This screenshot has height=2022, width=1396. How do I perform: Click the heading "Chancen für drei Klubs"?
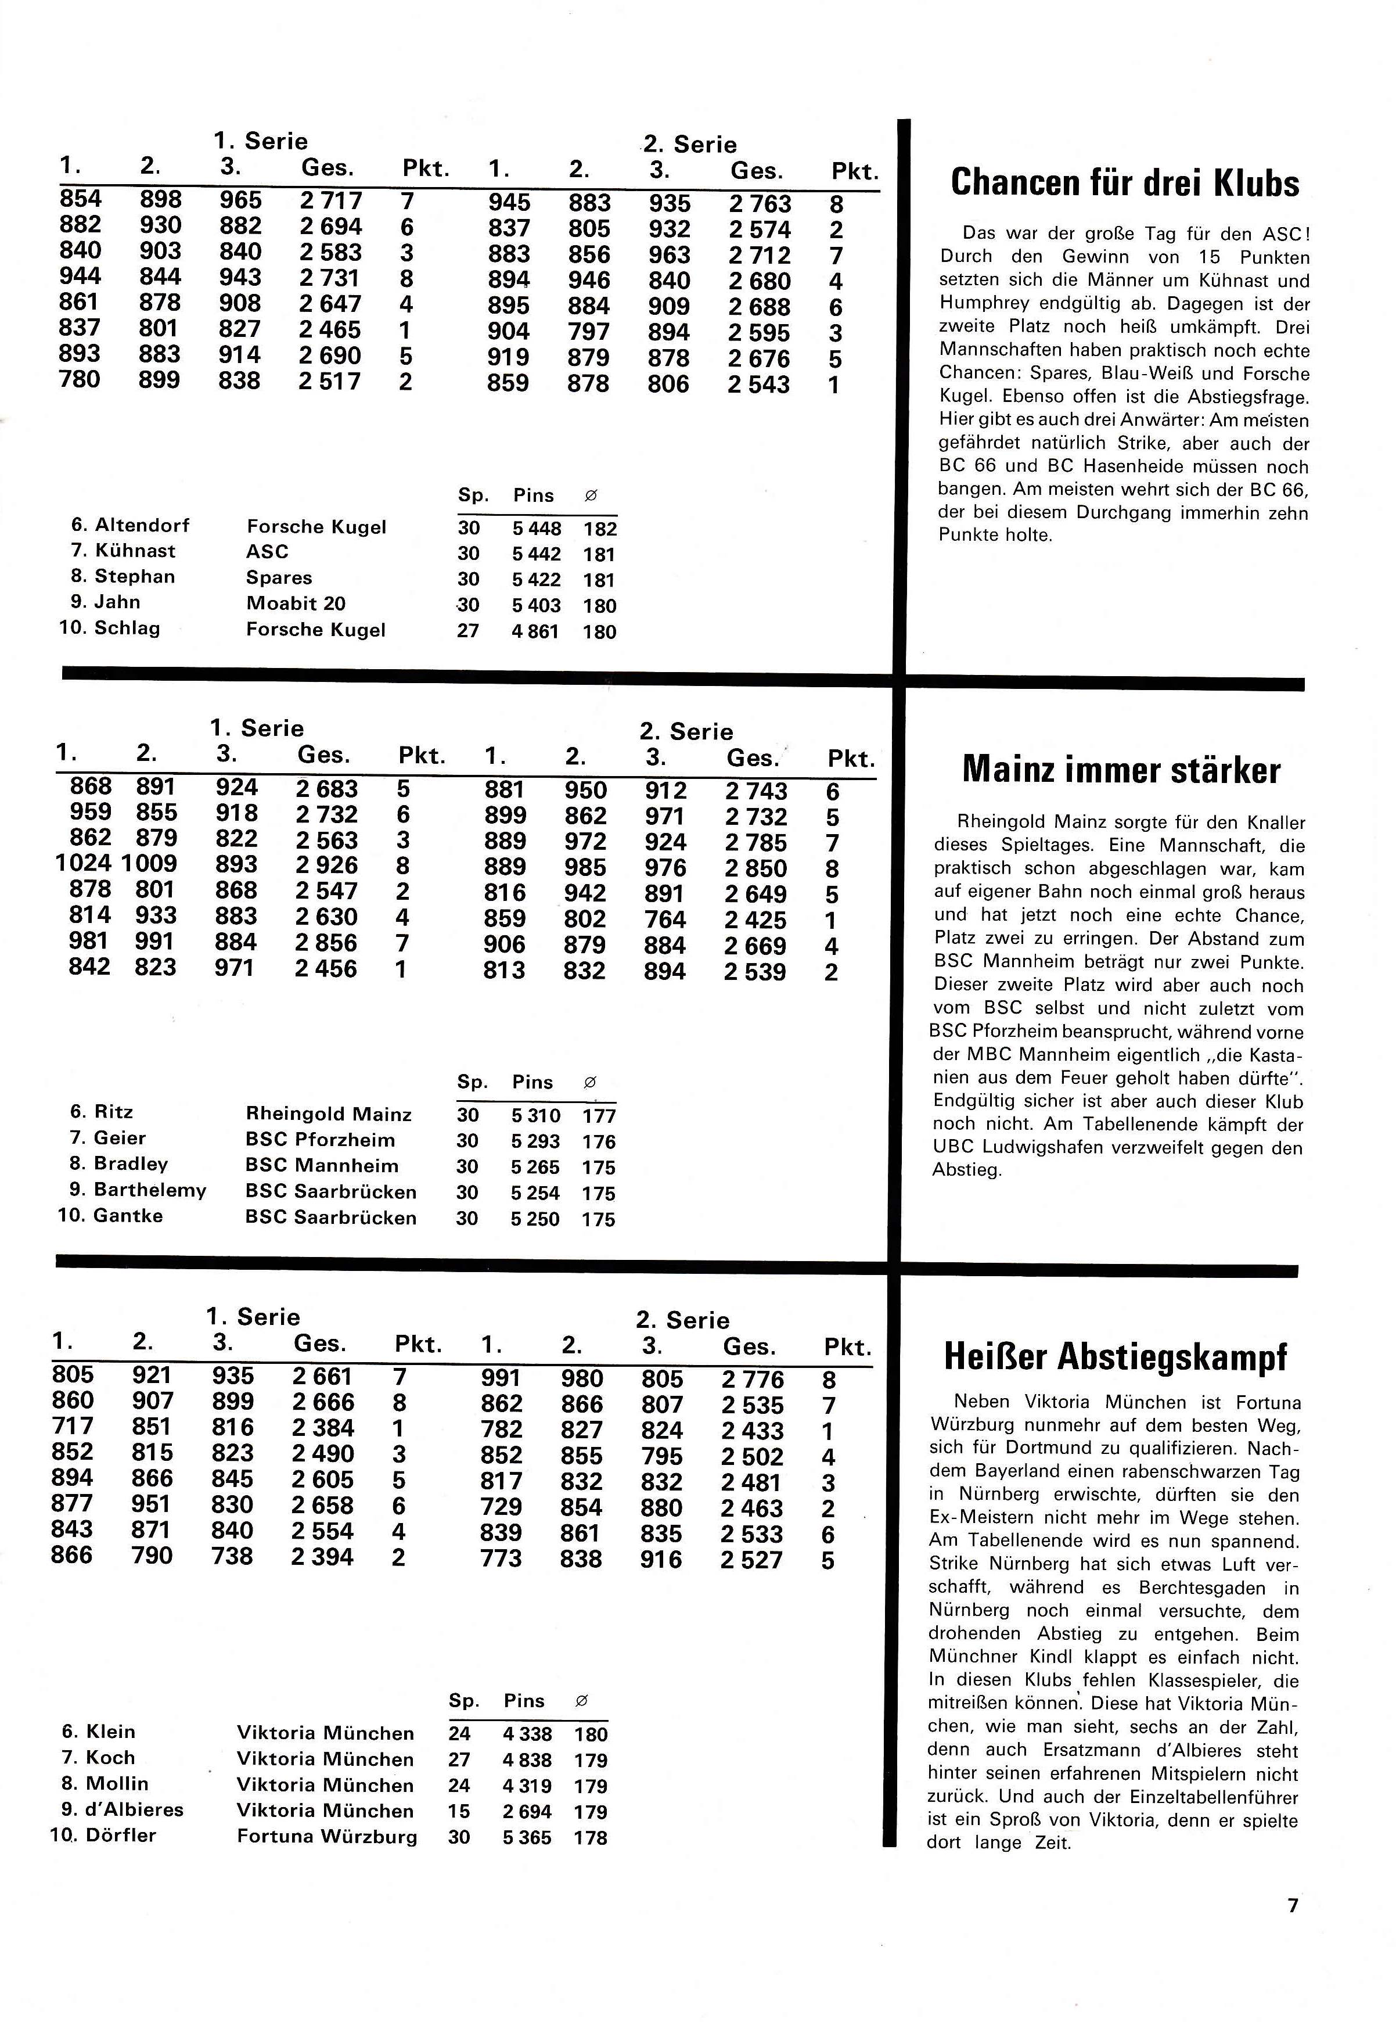(1124, 183)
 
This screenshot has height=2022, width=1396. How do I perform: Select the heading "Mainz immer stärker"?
(1121, 770)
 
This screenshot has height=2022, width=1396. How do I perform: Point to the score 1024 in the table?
(82, 864)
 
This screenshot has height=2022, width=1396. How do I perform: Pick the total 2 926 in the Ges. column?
(326, 865)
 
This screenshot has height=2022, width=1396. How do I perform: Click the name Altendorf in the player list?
(142, 525)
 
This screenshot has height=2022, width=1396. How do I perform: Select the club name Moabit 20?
(296, 603)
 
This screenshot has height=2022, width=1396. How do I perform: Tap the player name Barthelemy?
(150, 1190)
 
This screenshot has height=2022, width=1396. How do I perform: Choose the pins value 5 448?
(537, 529)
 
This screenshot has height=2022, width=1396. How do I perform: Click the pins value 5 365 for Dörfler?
(527, 1837)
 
